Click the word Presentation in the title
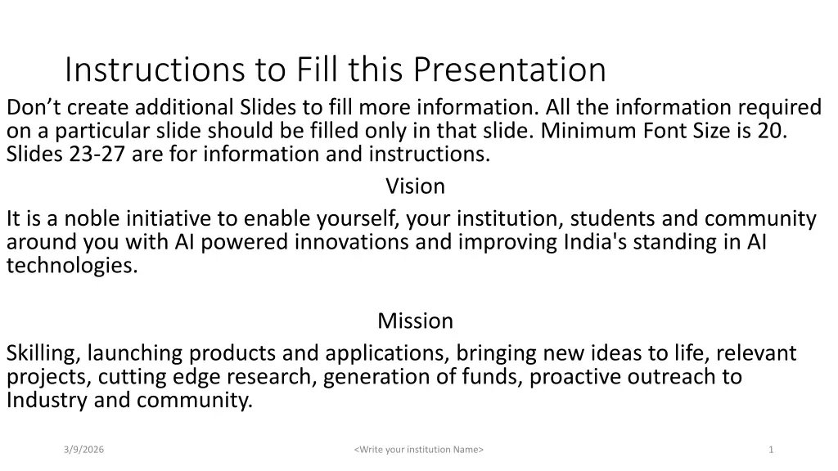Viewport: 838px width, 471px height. click(509, 70)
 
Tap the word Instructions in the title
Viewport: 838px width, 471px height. click(155, 70)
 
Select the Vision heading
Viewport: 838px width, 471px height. click(415, 186)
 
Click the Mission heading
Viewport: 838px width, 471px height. click(415, 321)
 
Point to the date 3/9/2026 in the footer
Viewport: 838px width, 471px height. click(84, 450)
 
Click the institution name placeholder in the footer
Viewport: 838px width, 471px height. click(418, 450)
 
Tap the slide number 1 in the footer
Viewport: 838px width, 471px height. click(771, 450)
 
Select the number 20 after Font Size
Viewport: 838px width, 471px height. click(770, 131)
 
